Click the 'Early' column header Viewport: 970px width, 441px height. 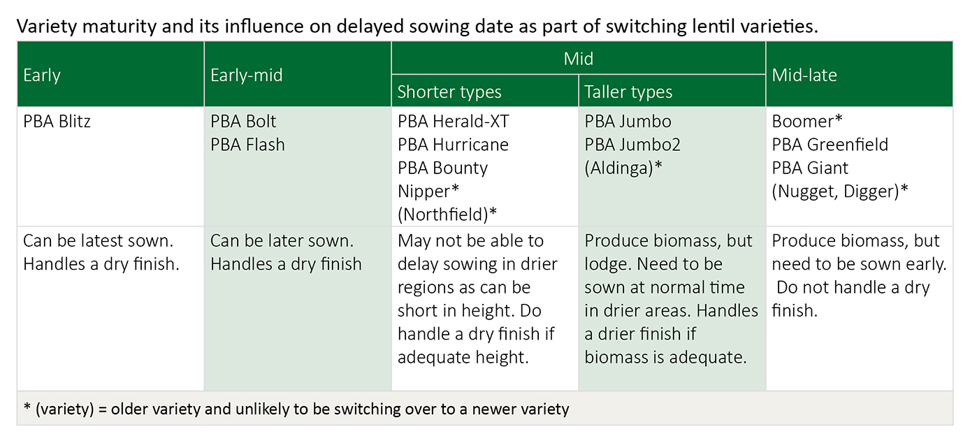coord(41,75)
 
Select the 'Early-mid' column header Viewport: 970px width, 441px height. coord(247,75)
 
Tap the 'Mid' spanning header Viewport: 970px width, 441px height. coord(578,59)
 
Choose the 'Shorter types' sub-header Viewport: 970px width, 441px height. coord(449,92)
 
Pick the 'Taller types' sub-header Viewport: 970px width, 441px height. coord(628,92)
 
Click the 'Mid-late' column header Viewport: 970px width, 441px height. coord(804,75)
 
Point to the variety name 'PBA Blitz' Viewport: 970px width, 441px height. coord(57,122)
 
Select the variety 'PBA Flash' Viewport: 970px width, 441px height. coord(247,145)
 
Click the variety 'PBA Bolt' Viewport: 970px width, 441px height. coord(243,122)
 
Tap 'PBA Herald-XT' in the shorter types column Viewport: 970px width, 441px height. coord(454,122)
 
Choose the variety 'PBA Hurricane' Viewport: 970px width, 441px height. coord(453,145)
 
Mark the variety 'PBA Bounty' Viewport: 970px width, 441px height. coord(442,168)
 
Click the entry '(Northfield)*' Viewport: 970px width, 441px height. coord(447,215)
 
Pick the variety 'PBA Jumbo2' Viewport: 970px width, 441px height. coord(632,145)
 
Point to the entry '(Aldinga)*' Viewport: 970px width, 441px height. coord(623,168)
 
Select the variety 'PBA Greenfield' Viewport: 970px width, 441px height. coord(830,145)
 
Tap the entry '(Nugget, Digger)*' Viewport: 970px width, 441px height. coord(839,191)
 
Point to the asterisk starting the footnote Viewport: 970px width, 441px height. coord(27,406)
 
